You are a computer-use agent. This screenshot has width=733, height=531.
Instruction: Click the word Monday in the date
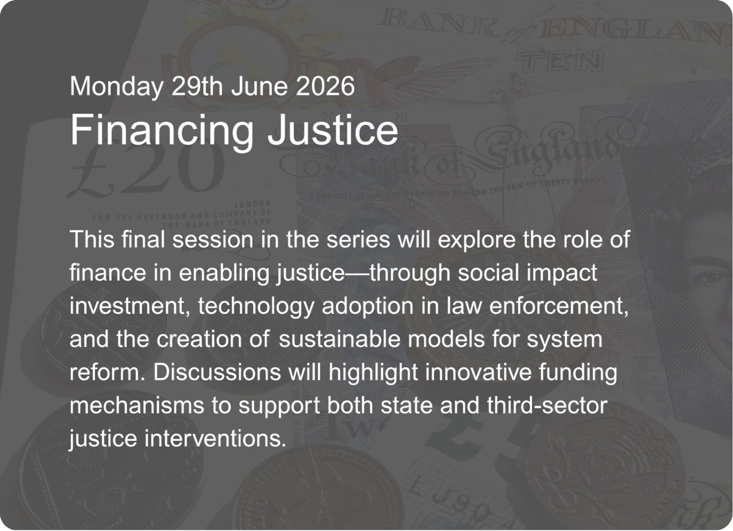point(116,86)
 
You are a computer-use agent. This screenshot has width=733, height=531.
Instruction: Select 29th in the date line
point(197,86)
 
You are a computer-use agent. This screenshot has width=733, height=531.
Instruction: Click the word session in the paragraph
point(212,239)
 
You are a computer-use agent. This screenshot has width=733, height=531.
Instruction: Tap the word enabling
point(223,274)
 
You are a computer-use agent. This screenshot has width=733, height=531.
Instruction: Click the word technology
point(256,307)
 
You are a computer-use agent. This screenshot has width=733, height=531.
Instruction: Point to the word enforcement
point(559,306)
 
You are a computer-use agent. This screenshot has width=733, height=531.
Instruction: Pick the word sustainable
point(340,339)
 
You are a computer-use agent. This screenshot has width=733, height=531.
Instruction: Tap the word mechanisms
point(137,406)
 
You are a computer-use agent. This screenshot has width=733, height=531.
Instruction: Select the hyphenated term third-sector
point(547,406)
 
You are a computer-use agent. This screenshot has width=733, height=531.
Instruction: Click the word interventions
point(215,438)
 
